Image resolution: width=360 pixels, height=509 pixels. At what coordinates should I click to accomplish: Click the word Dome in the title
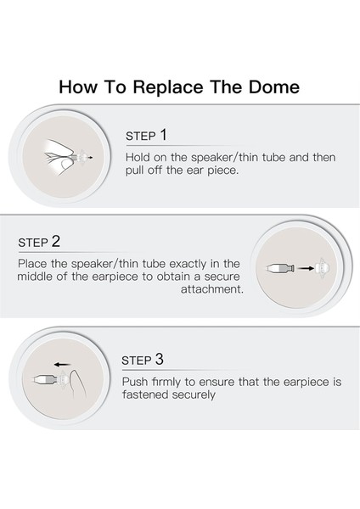[x=274, y=87]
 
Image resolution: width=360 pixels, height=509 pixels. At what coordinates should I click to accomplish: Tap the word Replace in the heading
[x=168, y=87]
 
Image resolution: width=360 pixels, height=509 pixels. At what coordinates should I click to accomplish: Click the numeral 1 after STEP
[x=163, y=135]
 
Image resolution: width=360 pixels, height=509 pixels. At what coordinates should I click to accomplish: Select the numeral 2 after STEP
[x=56, y=242]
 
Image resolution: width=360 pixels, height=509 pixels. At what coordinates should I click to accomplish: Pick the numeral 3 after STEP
[x=160, y=360]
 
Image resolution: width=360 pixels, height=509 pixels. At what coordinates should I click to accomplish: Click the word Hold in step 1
[x=138, y=157]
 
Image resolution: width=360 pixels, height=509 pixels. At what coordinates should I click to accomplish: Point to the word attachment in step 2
[x=212, y=289]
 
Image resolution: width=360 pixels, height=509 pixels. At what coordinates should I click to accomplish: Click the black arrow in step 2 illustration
[x=306, y=268]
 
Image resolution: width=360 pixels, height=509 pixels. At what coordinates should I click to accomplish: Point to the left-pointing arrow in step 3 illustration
[x=62, y=365]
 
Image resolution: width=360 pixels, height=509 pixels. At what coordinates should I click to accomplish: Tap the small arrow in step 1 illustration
[x=90, y=158]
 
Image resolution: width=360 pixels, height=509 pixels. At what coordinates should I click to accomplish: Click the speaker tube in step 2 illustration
[x=280, y=268]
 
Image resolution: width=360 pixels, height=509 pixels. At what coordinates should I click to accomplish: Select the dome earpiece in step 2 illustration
[x=323, y=268]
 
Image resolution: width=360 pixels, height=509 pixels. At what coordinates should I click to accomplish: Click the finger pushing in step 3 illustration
[x=76, y=383]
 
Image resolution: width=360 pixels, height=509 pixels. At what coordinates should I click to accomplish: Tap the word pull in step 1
[x=134, y=171]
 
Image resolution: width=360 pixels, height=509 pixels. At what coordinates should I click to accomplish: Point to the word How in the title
[x=77, y=87]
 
